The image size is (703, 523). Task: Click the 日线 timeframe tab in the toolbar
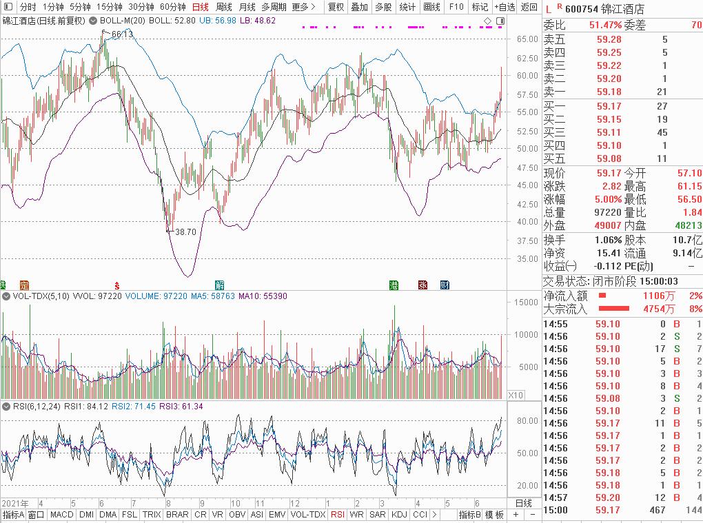coord(200,7)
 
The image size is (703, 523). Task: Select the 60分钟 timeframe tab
coord(172,7)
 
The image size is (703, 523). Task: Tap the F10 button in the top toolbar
coord(456,7)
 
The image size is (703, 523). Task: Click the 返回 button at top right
coord(529,7)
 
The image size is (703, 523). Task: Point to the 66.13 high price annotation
coord(122,34)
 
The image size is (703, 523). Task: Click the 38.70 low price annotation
coord(185,232)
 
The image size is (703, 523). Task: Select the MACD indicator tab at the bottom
coord(61,515)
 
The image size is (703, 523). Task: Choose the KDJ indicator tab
coord(399,515)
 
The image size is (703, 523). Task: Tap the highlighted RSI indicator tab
coord(338,515)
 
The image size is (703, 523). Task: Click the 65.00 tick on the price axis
coord(527,39)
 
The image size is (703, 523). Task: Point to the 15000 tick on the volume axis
coord(524,302)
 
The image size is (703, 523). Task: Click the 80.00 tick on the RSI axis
coord(527,420)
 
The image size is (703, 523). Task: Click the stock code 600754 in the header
coord(580,9)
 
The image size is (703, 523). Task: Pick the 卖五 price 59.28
coord(609,40)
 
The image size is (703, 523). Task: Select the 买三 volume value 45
coord(662,132)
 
